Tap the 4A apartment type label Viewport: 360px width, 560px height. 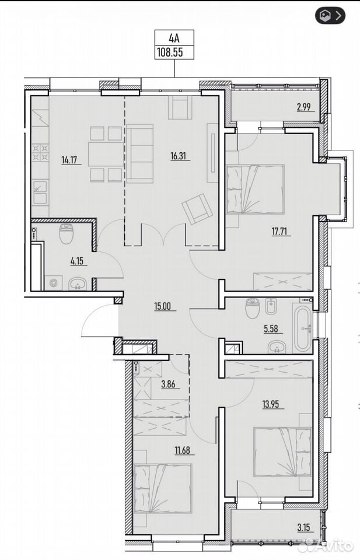174,38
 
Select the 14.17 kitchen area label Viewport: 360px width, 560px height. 69,160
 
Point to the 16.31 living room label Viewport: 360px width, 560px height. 179,156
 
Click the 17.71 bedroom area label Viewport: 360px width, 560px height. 279,232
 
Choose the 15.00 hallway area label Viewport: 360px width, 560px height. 163,306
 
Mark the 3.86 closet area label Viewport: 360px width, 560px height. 169,384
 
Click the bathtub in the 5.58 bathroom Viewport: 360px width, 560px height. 302,327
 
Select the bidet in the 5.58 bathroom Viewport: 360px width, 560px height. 271,306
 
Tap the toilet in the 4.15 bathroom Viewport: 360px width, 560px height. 67,233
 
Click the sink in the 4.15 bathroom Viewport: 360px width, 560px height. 77,284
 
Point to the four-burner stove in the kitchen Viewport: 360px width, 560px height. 40,152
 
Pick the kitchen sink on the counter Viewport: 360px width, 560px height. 40,192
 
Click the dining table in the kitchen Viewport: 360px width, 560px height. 106,154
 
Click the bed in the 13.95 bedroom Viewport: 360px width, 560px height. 282,452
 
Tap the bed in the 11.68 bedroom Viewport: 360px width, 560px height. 163,488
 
